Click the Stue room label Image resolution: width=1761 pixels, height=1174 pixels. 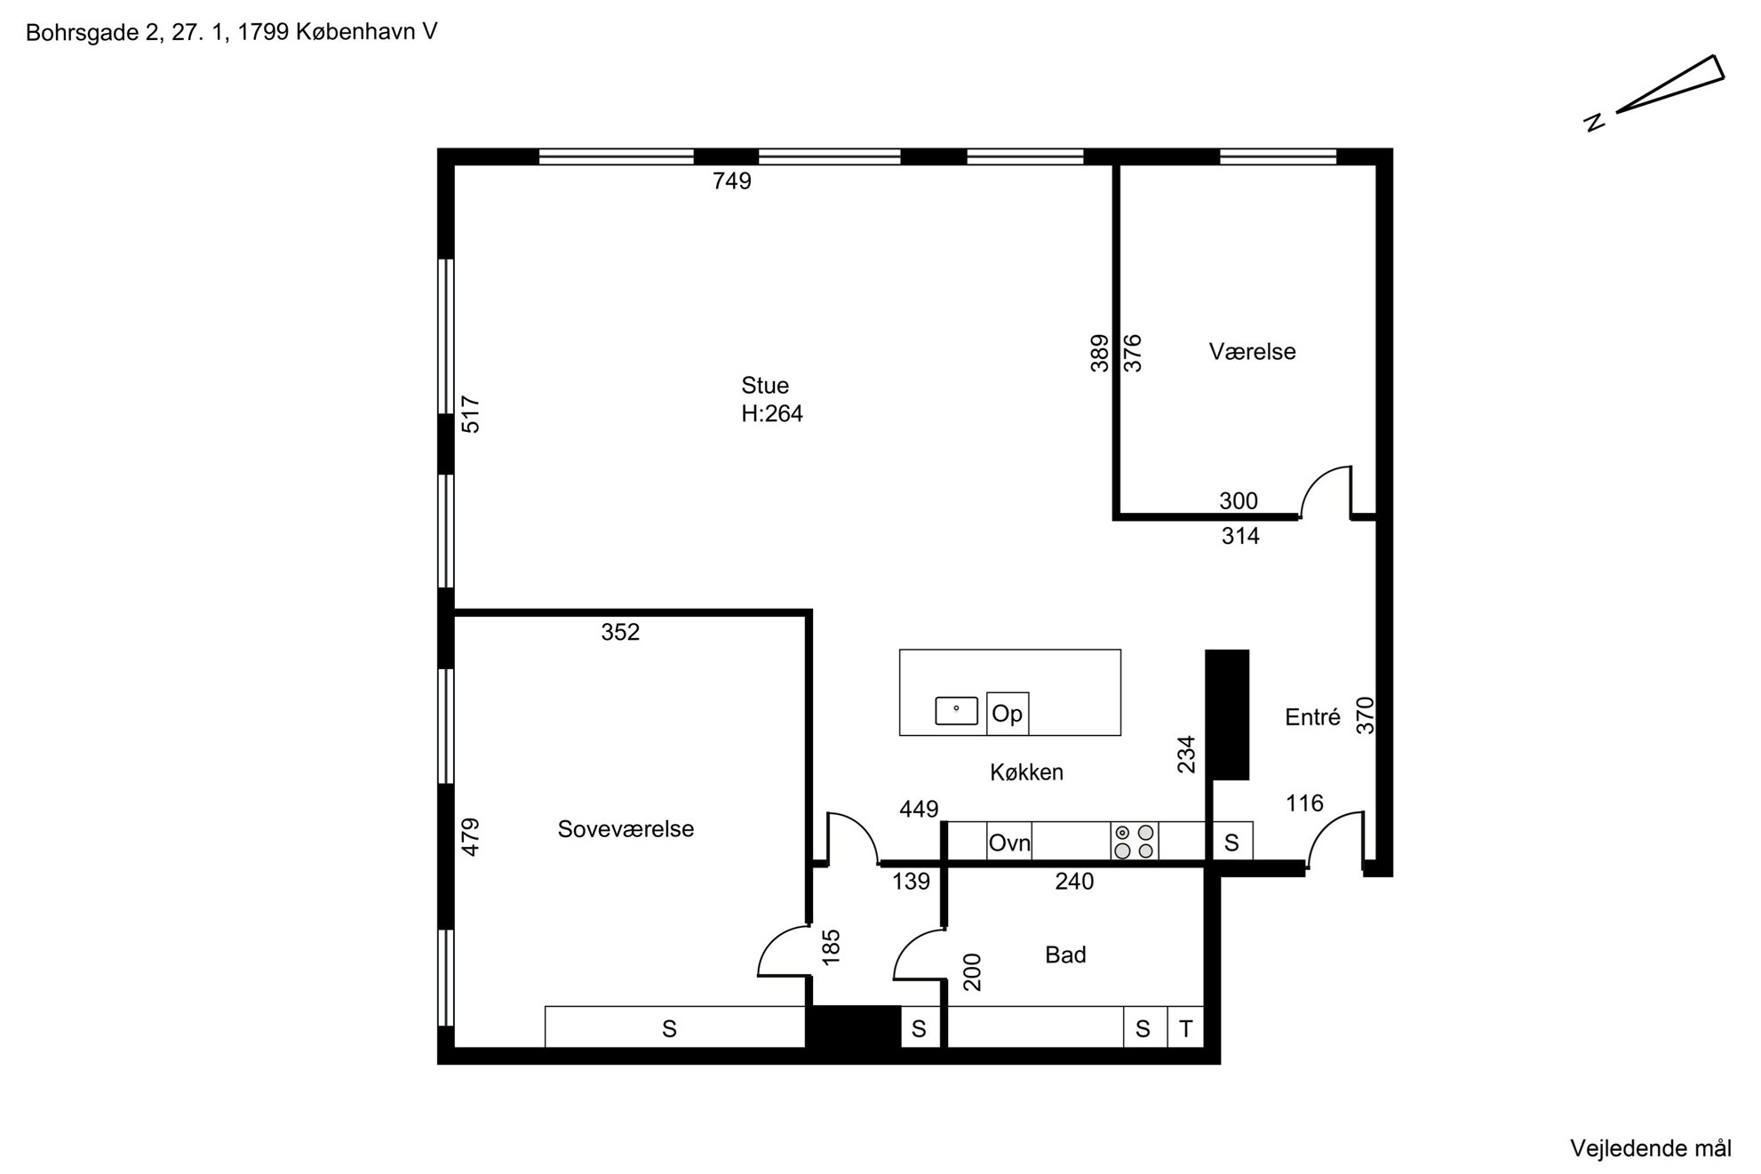[765, 385]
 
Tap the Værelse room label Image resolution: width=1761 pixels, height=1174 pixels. [1252, 351]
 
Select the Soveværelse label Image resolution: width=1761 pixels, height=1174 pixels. [626, 828]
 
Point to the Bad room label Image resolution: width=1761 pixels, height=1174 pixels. [1065, 954]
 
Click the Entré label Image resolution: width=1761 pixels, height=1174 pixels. [1312, 717]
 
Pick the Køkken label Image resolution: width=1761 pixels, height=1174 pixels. [1026, 772]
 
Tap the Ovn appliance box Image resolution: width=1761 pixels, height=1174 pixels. [1009, 841]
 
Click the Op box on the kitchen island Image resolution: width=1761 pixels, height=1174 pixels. [1008, 714]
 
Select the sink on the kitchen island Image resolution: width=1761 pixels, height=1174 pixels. [956, 710]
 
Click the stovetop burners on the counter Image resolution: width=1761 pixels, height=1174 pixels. [1135, 841]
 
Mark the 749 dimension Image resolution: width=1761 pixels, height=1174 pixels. [732, 181]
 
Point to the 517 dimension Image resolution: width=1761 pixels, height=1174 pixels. [471, 414]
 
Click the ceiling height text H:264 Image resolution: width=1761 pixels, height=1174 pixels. [772, 413]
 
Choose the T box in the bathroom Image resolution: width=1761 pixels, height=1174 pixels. [1185, 1028]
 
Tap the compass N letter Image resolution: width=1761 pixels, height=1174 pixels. [1596, 122]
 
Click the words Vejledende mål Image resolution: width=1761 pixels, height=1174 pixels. [1651, 1148]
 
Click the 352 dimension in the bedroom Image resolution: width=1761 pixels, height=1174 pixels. [620, 632]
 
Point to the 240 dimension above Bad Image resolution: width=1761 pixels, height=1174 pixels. [1074, 882]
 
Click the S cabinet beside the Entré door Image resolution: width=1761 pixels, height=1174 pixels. [1231, 842]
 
